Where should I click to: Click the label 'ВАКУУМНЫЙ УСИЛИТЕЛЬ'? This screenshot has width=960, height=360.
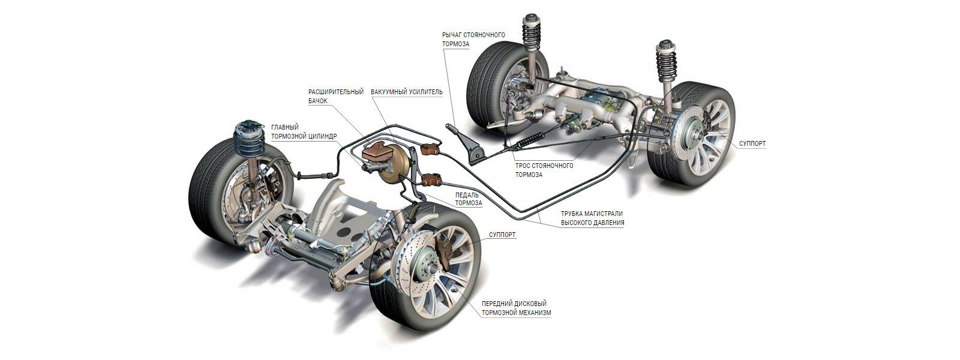point(406,92)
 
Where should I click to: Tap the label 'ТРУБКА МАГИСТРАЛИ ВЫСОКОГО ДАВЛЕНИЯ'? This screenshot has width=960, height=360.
point(592,217)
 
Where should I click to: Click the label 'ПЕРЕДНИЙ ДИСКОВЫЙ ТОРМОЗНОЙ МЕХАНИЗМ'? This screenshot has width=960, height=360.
point(515,308)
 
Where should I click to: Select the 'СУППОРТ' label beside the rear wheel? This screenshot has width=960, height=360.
point(751,144)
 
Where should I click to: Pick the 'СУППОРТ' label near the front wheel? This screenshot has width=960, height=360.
point(502,235)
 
